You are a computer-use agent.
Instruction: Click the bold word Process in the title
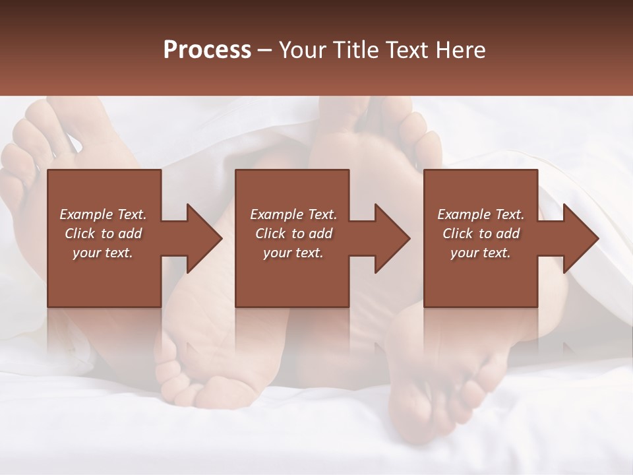click(207, 50)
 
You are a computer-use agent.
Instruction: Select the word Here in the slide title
click(460, 50)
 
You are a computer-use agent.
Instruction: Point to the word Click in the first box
click(80, 234)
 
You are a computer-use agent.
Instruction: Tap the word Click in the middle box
click(270, 234)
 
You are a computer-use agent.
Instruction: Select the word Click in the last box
click(458, 234)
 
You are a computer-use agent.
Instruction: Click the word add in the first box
click(131, 234)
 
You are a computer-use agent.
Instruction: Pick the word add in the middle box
click(321, 234)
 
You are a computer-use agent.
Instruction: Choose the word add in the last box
click(508, 234)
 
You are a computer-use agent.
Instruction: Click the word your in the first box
click(86, 253)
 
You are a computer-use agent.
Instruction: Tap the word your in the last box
click(464, 253)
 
